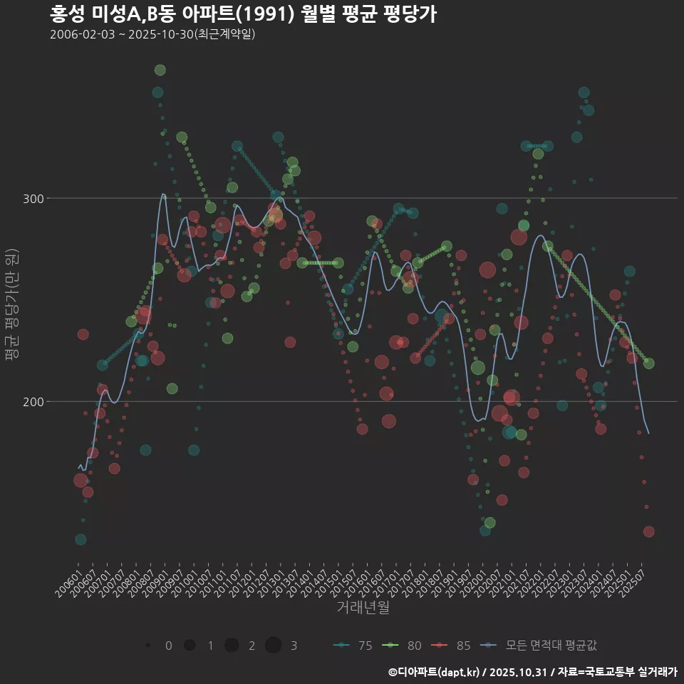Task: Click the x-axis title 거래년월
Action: point(363,608)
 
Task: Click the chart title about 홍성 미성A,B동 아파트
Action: point(243,14)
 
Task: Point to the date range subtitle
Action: point(152,34)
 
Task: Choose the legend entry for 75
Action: point(353,646)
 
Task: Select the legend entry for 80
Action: point(402,646)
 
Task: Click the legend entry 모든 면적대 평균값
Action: point(539,646)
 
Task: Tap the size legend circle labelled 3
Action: point(274,646)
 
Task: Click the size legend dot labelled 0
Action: point(147,646)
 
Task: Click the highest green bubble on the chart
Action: point(160,70)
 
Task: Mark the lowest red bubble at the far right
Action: point(648,532)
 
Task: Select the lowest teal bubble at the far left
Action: point(81,539)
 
